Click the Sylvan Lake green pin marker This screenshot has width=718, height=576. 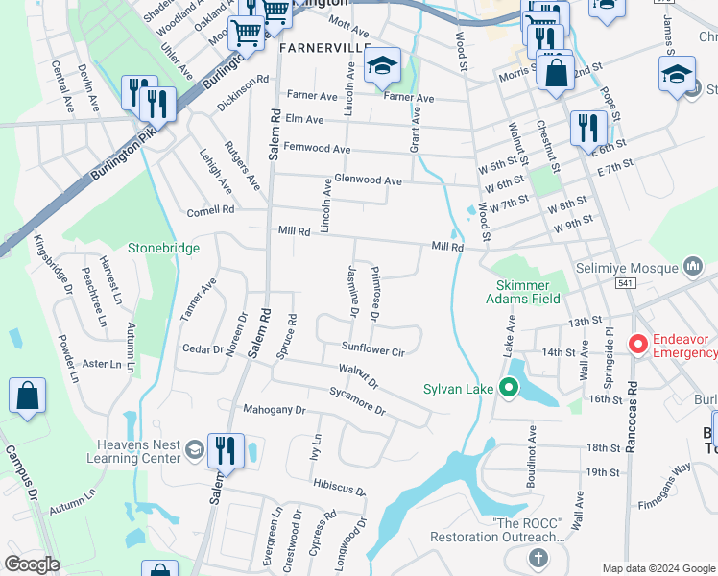click(509, 389)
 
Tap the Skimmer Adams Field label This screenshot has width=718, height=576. click(523, 292)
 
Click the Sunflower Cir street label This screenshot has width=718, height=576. click(373, 348)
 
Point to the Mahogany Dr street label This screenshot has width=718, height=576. click(274, 410)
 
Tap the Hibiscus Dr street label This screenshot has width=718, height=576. click(336, 485)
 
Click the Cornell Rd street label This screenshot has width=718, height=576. click(210, 210)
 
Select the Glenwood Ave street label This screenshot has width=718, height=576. click(368, 180)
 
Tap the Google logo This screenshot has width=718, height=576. click(32, 564)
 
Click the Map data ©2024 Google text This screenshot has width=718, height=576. click(658, 568)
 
